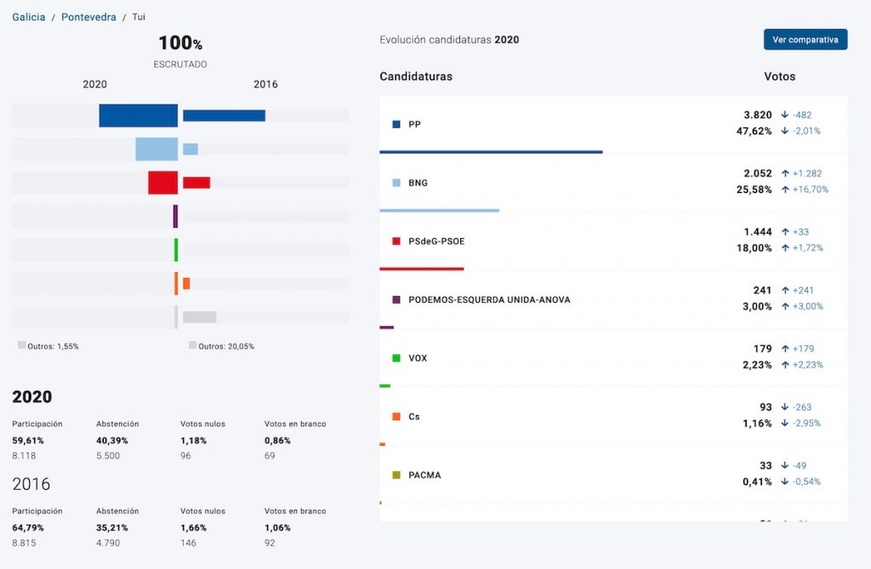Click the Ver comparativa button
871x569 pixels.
[x=805, y=39]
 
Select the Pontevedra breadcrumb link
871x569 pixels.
[x=88, y=17]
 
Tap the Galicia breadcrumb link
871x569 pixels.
[x=28, y=17]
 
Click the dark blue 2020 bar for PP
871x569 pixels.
[x=138, y=116]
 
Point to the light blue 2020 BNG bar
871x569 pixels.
[x=157, y=149]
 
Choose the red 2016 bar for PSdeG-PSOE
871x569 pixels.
[x=196, y=183]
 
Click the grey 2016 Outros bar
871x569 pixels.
[x=200, y=317]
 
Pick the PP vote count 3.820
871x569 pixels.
[x=758, y=115]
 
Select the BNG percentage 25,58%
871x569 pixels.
[x=754, y=190]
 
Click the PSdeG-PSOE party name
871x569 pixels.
[x=436, y=242]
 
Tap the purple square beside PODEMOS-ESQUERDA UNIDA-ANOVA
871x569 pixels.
[x=396, y=300]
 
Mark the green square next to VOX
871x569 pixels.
[x=396, y=358]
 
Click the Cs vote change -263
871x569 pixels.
[x=801, y=407]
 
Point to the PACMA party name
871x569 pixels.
[x=424, y=475]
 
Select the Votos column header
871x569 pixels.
[x=779, y=77]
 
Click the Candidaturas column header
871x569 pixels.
[x=416, y=77]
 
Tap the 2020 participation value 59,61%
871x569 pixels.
[x=28, y=441]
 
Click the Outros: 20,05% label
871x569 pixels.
[x=225, y=346]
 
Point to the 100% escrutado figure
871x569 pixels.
[x=179, y=43]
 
